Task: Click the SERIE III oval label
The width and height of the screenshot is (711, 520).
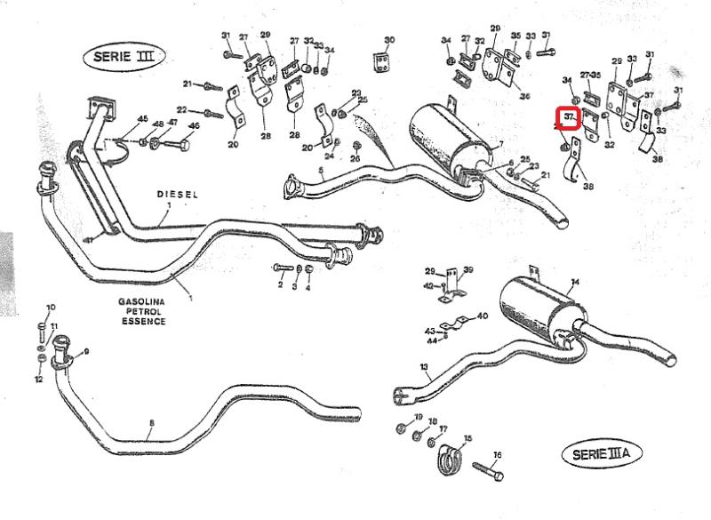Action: point(124,56)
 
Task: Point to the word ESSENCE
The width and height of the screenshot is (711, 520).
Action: point(143,321)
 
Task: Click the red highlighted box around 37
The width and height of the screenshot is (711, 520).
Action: point(568,118)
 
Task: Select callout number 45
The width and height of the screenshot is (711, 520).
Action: point(142,119)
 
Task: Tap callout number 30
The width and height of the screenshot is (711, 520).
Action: point(389,40)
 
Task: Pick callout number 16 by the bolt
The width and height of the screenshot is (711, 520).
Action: point(498,455)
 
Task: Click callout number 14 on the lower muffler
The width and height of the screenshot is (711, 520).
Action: point(575,283)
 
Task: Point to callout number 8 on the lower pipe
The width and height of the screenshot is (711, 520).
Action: point(152,422)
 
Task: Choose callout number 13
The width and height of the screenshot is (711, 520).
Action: point(424,366)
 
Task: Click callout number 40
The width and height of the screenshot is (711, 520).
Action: point(483,316)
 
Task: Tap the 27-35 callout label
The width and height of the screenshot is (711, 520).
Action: point(591,74)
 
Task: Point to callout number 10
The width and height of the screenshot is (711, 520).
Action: point(50,308)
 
